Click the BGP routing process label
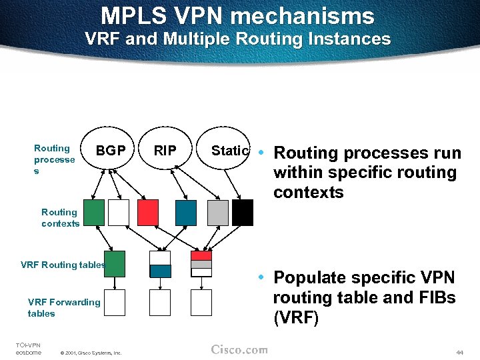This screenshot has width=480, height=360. (111, 151)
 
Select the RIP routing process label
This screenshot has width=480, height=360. (165, 151)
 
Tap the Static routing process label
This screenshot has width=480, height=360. (229, 151)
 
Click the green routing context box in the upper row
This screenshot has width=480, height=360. (94, 212)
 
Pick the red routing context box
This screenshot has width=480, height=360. (148, 212)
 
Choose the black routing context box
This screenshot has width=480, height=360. (243, 212)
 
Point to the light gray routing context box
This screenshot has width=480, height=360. (217, 212)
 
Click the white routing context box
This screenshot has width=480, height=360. (119, 212)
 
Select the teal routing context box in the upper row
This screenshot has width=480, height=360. (186, 212)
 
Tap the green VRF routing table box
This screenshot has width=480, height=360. (115, 263)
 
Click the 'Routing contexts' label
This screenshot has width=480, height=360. (60, 218)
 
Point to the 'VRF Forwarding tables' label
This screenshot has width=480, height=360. (63, 307)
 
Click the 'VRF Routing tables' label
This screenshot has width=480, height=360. (62, 265)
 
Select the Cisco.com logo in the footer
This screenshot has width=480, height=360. (239, 350)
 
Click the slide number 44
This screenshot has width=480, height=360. (459, 351)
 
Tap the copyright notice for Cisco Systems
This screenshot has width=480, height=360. (90, 353)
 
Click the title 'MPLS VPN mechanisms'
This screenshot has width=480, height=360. (237, 15)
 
